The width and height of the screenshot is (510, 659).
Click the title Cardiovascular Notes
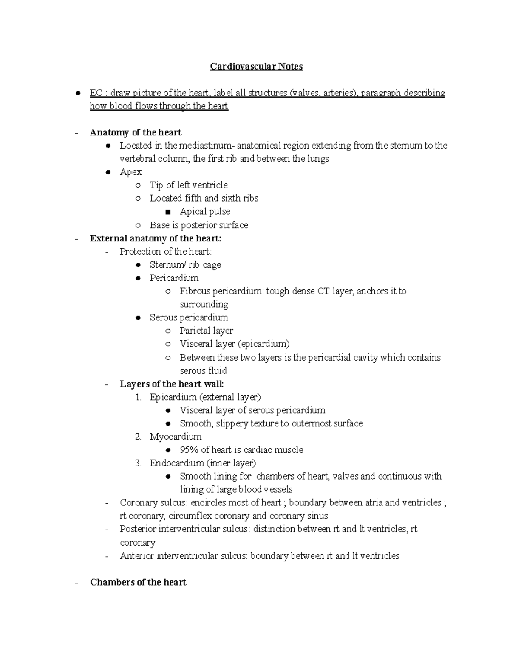coord(256,67)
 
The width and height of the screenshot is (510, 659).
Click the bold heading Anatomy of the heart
coord(136,132)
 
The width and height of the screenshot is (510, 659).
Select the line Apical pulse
coord(204,211)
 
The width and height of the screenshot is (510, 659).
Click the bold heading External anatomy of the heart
coord(156,238)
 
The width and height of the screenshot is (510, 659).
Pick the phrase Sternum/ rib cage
coord(185,265)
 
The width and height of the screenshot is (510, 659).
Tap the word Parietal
coord(195,331)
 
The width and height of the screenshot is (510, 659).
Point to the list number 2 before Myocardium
coord(138,437)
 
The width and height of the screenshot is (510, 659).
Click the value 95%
coord(189,450)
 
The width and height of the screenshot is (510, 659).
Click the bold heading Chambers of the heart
coord(138,582)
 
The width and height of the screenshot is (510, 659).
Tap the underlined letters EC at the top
coord(96,93)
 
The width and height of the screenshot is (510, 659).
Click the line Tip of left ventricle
coord(188,185)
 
